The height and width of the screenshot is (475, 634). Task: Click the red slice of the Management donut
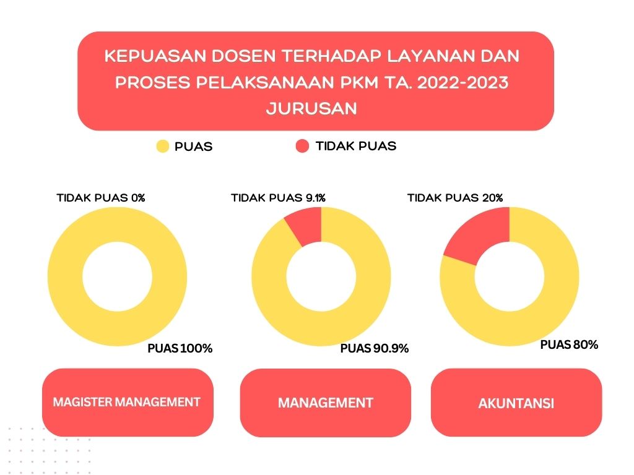point(306,225)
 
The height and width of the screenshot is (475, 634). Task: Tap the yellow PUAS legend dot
point(163,146)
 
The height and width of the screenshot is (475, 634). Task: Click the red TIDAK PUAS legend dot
point(302,146)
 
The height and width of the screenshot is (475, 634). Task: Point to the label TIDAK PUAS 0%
point(101,198)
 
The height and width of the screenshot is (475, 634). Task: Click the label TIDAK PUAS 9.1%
point(278,198)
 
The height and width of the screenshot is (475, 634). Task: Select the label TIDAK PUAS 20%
point(455,198)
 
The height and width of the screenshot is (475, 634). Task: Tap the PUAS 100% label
point(180,348)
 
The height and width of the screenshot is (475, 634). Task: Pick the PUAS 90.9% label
point(375,348)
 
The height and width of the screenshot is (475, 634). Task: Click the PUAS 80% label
point(569,344)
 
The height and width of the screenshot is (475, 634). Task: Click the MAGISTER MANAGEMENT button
point(128,402)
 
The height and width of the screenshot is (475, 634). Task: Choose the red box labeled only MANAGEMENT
point(326,403)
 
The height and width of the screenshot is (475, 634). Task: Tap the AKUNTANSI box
point(516,403)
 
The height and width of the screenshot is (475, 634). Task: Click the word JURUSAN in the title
point(312,109)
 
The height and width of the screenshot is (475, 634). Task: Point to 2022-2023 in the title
point(462,82)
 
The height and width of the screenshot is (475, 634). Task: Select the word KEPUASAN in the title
point(155,56)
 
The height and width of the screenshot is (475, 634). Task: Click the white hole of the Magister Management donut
point(117,276)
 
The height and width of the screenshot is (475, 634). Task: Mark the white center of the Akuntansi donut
point(510,276)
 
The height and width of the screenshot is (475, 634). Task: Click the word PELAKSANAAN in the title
point(265,82)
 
